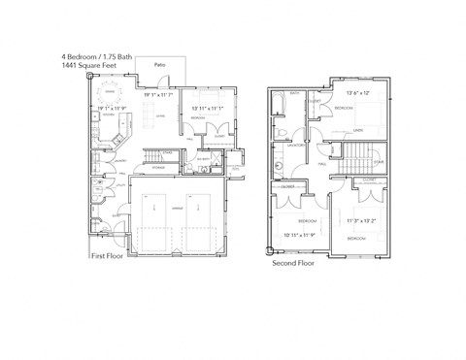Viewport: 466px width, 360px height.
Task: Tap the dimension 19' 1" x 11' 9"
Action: [110, 108]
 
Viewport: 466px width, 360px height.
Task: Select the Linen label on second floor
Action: [358, 131]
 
